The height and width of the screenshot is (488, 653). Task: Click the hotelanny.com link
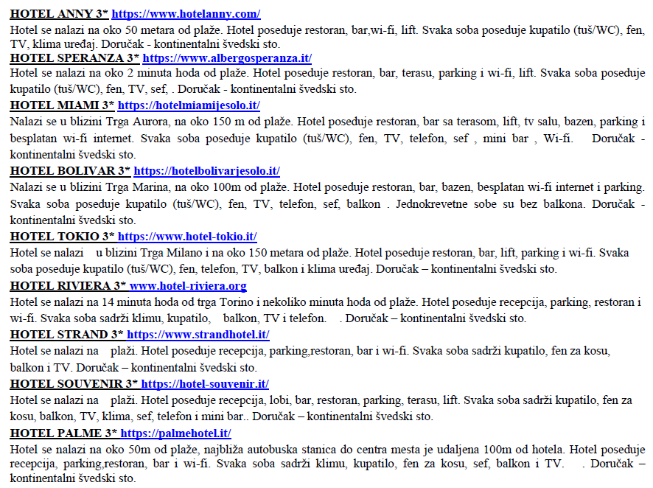pyautogui.click(x=186, y=14)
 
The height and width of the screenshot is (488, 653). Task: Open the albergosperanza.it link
pyautogui.click(x=227, y=57)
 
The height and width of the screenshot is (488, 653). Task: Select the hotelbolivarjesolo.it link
pyautogui.click(x=206, y=170)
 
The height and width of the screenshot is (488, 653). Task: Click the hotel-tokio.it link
pyautogui.click(x=187, y=236)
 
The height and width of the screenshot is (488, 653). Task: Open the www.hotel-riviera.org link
pyautogui.click(x=188, y=285)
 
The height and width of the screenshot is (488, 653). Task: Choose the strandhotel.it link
pyautogui.click(x=195, y=334)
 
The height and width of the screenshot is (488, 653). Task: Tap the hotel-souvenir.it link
pyautogui.click(x=205, y=383)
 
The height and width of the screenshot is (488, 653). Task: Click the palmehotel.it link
pyautogui.click(x=175, y=433)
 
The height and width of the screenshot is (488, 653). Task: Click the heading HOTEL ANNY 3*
pyautogui.click(x=59, y=14)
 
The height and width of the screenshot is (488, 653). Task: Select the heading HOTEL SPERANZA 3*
pyautogui.click(x=74, y=57)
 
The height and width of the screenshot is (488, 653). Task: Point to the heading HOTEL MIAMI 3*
pyautogui.click(x=62, y=105)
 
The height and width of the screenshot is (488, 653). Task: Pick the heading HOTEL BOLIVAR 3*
pyautogui.click(x=70, y=170)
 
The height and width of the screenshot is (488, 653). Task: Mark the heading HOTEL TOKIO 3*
pyautogui.click(x=62, y=236)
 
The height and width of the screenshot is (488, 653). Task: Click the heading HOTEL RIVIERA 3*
pyautogui.click(x=68, y=285)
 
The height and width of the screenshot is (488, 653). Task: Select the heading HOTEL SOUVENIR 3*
pyautogui.click(x=74, y=383)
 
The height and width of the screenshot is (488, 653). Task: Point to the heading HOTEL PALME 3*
pyautogui.click(x=63, y=433)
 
